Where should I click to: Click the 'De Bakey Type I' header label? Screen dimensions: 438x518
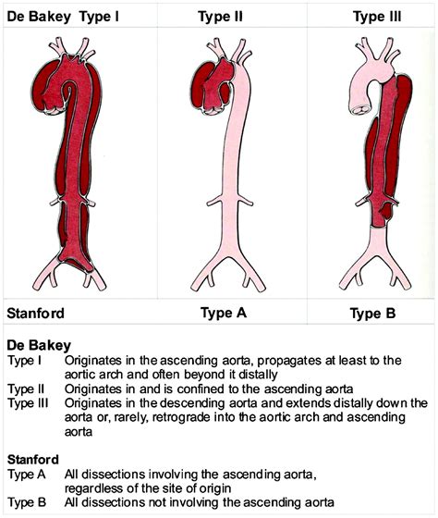point(63,17)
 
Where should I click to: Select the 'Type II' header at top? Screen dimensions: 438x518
point(220,17)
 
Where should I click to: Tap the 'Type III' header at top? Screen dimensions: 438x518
point(377,17)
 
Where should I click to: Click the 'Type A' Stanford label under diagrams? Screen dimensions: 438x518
point(224,313)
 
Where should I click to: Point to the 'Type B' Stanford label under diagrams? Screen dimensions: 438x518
point(372,314)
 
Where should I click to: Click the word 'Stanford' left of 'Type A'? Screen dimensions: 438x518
point(35,314)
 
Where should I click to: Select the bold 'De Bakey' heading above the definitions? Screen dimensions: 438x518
point(39,345)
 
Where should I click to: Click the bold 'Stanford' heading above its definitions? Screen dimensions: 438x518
point(32,460)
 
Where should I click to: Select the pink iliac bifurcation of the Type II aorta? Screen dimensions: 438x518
point(228,265)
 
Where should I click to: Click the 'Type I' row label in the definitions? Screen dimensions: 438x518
point(24,361)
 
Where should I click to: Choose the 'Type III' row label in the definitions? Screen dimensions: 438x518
point(28,403)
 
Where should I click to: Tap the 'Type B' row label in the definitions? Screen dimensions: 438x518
point(27,503)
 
